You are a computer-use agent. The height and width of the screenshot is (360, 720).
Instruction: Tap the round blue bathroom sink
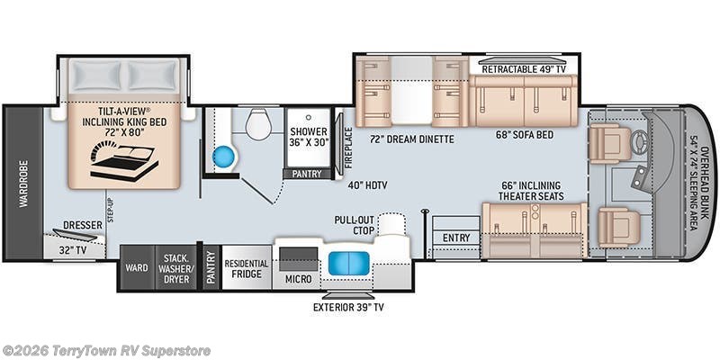pos(224,157)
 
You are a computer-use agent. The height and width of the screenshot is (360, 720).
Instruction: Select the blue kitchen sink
pos(348,264)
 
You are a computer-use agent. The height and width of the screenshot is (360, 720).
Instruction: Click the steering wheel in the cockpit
pos(639,142)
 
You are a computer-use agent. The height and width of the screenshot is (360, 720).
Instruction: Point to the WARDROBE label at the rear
pos(23,184)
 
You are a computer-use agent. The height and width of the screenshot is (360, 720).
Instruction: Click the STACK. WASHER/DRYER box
pos(175,266)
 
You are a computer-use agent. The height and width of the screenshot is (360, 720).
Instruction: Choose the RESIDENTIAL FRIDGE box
pos(246,268)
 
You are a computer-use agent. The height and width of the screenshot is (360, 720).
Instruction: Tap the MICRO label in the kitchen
pos(298,279)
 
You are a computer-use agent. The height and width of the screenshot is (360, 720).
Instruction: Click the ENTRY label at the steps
pos(456,238)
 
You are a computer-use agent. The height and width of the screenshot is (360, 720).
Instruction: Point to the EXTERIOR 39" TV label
pos(348,307)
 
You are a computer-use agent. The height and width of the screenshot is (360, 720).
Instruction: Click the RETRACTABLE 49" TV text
pos(524,69)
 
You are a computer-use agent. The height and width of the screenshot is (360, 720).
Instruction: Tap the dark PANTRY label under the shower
pos(307,174)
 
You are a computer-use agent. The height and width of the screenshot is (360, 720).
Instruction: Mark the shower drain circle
pos(307,117)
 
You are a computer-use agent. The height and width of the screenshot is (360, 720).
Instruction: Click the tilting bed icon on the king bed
pos(124,162)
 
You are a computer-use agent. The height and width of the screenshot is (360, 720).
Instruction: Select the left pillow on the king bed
pos(97,76)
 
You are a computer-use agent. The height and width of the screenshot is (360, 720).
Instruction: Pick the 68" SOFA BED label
pos(525,135)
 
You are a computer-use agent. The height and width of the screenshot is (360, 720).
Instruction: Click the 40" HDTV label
pos(367,185)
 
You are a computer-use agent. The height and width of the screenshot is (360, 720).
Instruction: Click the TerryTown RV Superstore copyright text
pos(106,351)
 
